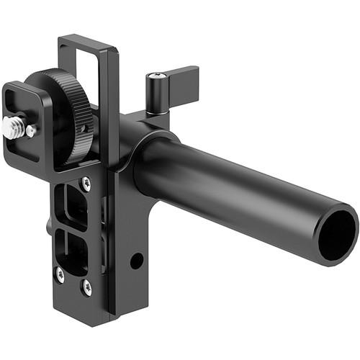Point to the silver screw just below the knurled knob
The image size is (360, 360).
coord(85,184)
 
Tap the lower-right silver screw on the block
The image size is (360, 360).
coord(87,287)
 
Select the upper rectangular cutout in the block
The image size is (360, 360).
coord(73,205)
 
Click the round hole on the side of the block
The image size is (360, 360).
coord(136,260)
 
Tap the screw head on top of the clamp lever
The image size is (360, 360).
coord(156,77)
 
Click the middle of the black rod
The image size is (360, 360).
coord(238,191)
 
